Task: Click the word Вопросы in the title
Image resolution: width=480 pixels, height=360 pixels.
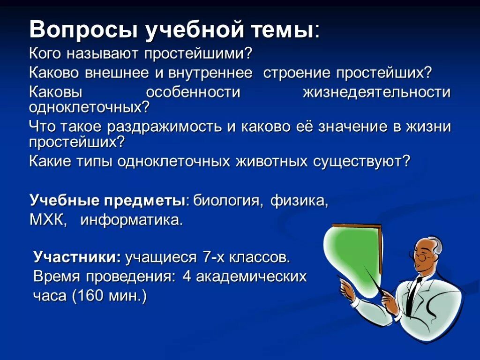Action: pos(82,30)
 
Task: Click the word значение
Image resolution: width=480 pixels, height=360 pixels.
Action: pos(354,127)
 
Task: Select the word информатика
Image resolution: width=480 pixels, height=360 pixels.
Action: pos(131,219)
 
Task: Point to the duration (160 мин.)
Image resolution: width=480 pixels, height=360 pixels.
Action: pos(109,297)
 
